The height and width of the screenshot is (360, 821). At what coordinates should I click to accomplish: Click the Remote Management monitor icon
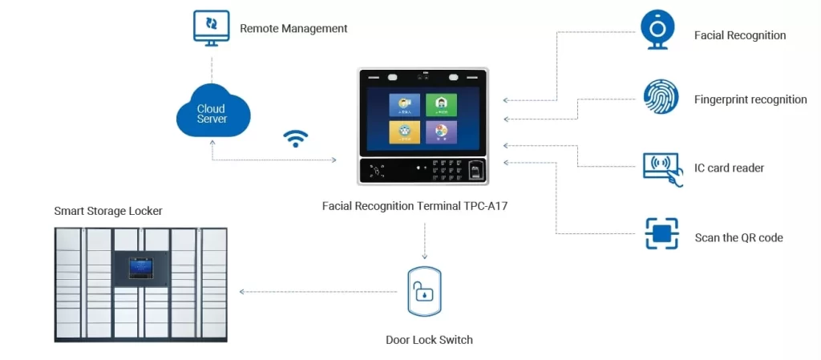212,27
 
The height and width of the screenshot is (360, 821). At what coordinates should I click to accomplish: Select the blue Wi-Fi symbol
296,139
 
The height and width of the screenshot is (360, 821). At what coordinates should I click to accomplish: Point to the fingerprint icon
661,97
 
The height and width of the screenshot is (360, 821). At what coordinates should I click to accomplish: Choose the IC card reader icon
662,168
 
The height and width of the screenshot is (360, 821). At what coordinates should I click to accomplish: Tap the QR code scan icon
661,234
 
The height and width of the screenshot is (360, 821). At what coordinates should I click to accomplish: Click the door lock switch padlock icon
423,290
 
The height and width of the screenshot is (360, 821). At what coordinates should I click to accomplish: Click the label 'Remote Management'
293,29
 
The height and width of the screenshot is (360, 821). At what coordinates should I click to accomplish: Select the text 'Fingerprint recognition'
750,100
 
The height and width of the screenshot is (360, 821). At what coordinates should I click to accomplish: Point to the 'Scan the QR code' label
738,238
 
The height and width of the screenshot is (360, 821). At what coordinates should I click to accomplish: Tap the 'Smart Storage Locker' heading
108,211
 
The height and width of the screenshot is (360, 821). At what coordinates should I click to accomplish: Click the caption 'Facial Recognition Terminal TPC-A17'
415,206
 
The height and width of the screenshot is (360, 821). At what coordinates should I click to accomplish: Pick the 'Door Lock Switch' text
429,340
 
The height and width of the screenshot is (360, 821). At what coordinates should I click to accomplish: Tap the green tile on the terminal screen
436,104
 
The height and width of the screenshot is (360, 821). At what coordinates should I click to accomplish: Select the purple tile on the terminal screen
436,131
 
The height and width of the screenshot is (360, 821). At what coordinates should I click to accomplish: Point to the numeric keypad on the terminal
446,168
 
